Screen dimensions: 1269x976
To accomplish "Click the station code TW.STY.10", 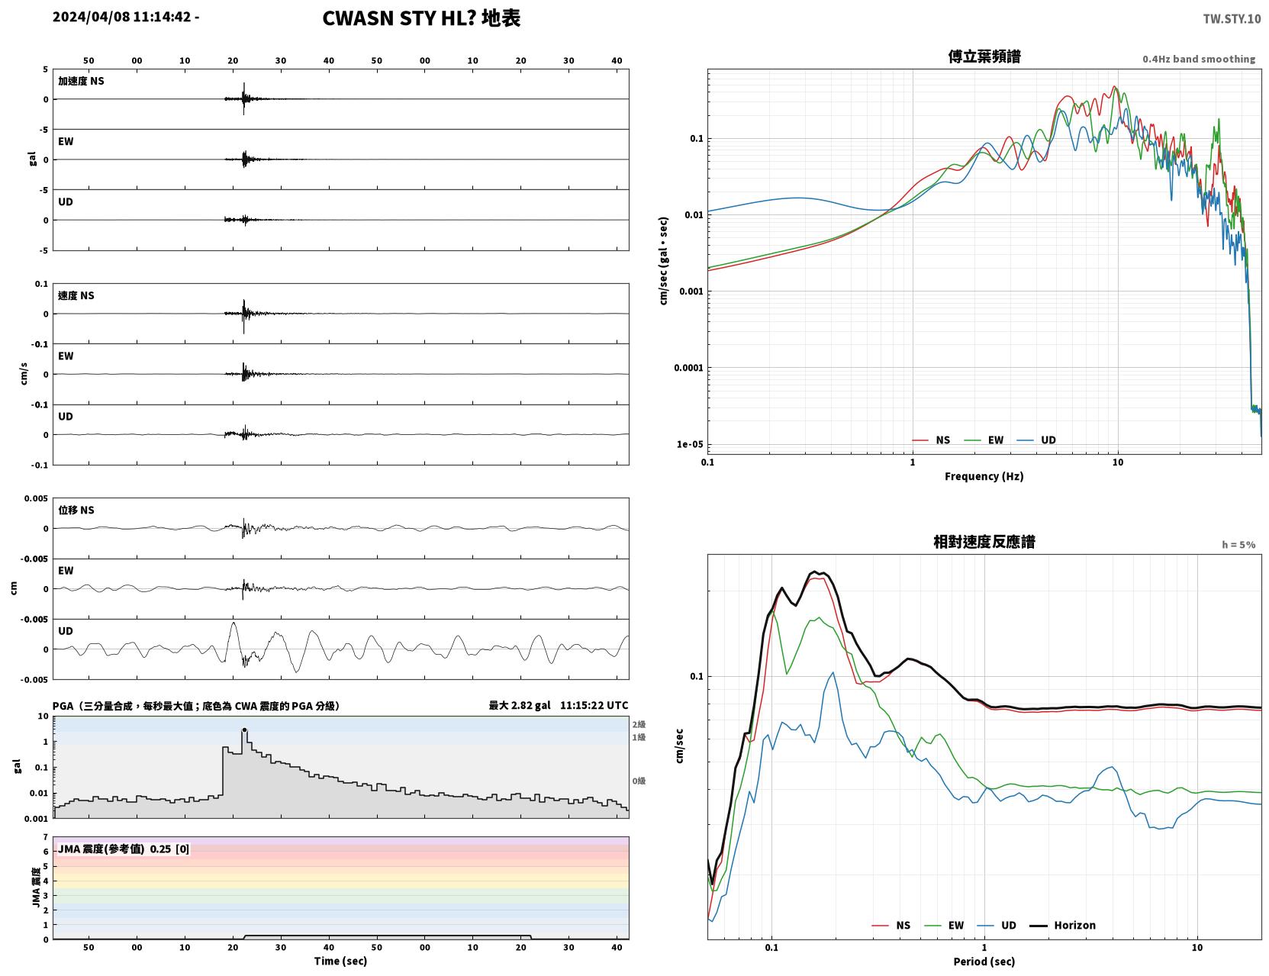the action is click(x=1231, y=18).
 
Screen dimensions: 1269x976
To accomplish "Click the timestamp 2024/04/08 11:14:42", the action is click(x=122, y=16).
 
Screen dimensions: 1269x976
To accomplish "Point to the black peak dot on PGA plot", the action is click(x=245, y=730).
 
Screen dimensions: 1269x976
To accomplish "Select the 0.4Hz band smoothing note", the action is click(x=1198, y=59).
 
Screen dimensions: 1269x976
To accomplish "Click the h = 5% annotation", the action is click(x=1238, y=545).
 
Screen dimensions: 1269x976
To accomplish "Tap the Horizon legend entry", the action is click(x=1062, y=925).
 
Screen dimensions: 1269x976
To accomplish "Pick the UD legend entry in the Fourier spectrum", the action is click(x=1036, y=440).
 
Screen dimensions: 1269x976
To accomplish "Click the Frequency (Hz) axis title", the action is click(x=984, y=476).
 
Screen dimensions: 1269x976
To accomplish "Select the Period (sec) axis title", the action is click(x=984, y=962).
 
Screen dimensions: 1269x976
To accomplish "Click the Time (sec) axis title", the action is click(x=340, y=961).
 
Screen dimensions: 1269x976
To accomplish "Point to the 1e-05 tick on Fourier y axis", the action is click(x=690, y=444).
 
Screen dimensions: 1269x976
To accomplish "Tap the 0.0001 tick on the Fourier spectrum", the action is click(x=688, y=368).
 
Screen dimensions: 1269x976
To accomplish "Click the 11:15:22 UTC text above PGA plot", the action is click(x=594, y=705).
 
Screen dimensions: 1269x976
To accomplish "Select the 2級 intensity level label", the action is click(x=639, y=724).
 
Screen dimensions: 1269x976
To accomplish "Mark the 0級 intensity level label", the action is click(x=639, y=781).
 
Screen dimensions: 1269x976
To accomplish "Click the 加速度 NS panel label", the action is click(x=81, y=81).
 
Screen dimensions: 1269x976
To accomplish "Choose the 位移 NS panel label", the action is click(x=76, y=511).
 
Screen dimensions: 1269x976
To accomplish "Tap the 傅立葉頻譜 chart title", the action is click(x=984, y=56).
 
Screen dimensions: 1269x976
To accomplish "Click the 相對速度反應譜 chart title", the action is click(x=984, y=542).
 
